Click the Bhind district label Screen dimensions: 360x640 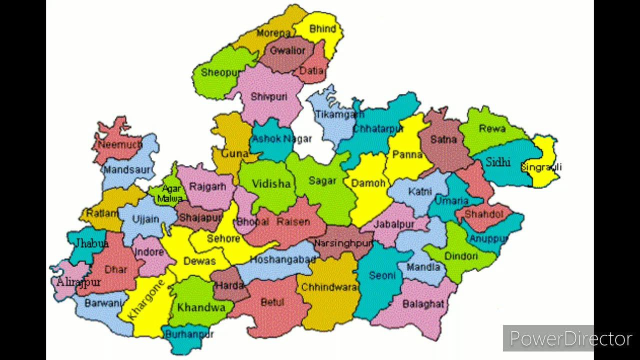pyautogui.click(x=322, y=29)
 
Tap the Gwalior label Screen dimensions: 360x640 pyautogui.click(x=287, y=50)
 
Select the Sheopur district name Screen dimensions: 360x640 pyautogui.click(x=220, y=72)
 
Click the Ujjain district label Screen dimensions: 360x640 pyautogui.click(x=145, y=219)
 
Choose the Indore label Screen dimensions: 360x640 pyautogui.click(x=149, y=251)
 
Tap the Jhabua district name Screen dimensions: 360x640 pyautogui.click(x=91, y=243)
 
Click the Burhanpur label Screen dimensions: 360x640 pyautogui.click(x=189, y=334)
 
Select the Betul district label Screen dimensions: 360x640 pyautogui.click(x=272, y=302)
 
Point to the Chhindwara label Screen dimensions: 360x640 pyautogui.click(x=329, y=287)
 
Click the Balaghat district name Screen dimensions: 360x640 pyautogui.click(x=423, y=304)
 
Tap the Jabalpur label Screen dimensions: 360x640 pyautogui.click(x=394, y=224)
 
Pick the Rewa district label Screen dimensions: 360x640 pyautogui.click(x=492, y=128)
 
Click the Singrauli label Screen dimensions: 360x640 pyautogui.click(x=541, y=167)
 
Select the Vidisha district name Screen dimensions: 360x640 pyautogui.click(x=271, y=184)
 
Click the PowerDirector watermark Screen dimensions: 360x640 pyautogui.click(x=570, y=339)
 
